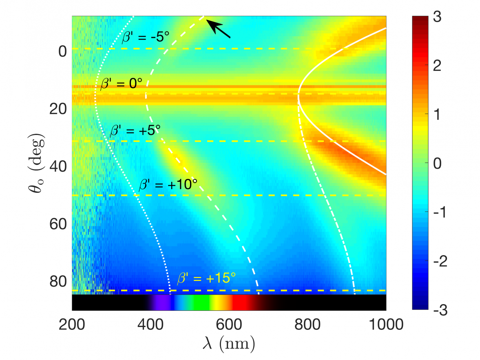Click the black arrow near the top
coord(218,28)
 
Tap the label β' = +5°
coord(135,131)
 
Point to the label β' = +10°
coord(168,184)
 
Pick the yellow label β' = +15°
coord(206,279)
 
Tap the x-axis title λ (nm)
coord(229,345)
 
